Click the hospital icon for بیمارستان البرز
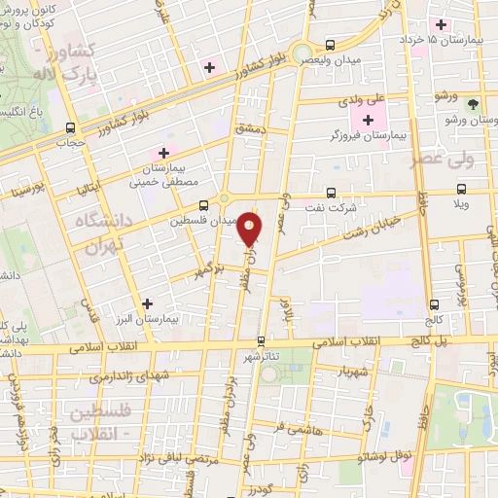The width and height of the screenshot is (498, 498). click(146, 304)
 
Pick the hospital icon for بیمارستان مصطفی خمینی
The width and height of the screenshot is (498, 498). click(163, 153)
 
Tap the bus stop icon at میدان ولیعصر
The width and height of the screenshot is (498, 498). click(331, 45)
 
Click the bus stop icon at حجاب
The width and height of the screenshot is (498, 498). click(70, 127)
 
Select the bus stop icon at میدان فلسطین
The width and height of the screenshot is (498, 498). click(203, 205)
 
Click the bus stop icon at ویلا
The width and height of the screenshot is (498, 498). click(461, 190)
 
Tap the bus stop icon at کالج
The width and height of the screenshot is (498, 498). click(432, 302)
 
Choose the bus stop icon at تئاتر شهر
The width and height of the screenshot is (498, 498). click(260, 341)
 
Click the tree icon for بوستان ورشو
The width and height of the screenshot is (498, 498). click(473, 103)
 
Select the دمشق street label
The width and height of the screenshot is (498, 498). click(249, 127)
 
